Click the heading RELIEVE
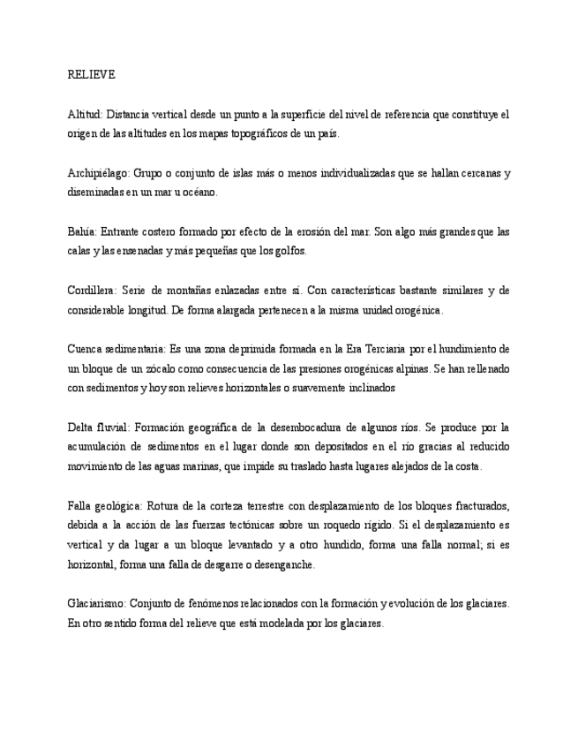[x=92, y=74]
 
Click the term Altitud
[x=83, y=115]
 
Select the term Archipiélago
[x=96, y=173]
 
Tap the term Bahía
[x=81, y=232]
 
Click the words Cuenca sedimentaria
[x=116, y=349]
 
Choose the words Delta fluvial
[x=99, y=427]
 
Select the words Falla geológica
[x=104, y=506]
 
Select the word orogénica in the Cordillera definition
[x=413, y=310]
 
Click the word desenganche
[x=282, y=565]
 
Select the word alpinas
[x=403, y=368]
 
